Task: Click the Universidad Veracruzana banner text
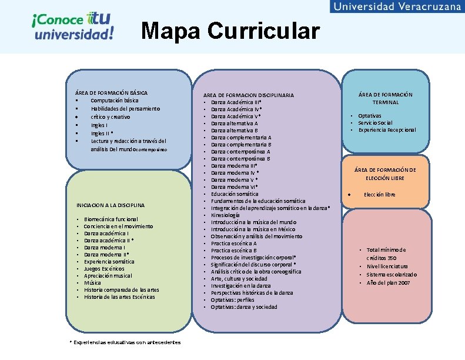coord(397,6)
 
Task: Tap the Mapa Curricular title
coord(230,31)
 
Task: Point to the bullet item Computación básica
coord(115,101)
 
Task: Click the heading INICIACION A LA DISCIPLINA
coord(111,205)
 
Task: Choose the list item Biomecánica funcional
coord(111,219)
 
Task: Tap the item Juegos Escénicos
coord(104,269)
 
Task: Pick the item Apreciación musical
coord(108,276)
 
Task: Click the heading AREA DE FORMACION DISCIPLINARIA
coord(248,95)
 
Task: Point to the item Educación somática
coord(235,194)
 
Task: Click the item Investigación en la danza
coord(241,286)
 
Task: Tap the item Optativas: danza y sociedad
coord(244,307)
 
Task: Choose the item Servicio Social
coord(376,123)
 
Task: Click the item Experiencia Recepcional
coord(387,130)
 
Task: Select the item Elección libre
coord(380,195)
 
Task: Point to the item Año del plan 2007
coord(388,283)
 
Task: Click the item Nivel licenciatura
coord(387,266)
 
